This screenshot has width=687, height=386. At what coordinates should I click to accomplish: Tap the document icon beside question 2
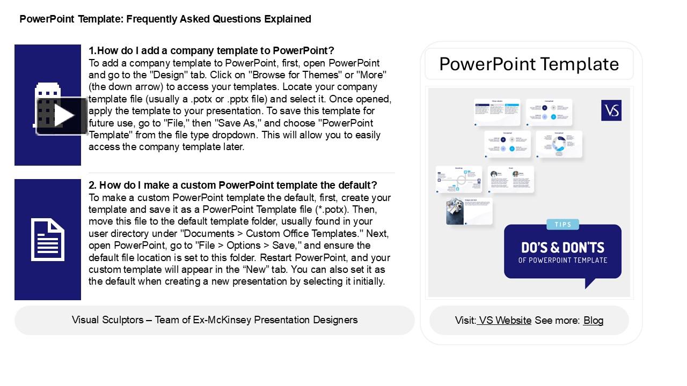coord(48,240)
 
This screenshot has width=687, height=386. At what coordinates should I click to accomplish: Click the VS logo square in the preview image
coord(611,110)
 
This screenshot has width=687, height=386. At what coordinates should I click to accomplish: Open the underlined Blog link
coord(593,321)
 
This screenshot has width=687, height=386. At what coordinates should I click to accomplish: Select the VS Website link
coord(505,321)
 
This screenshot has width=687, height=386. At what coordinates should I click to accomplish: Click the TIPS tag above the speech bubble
coord(563,225)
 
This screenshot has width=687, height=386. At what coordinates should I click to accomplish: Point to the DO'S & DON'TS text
coord(562,247)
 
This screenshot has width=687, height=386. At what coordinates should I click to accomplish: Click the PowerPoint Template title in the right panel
coord(529,64)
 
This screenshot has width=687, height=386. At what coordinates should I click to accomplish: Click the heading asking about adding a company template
coord(211,50)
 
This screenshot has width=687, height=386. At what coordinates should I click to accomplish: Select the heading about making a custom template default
coord(233,185)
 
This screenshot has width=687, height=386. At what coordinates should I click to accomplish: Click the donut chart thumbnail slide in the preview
coord(559,144)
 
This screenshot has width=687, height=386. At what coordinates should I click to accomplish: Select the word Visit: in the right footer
coord(465,321)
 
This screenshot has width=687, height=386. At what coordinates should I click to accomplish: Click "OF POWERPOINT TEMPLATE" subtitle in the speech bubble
coord(562,261)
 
